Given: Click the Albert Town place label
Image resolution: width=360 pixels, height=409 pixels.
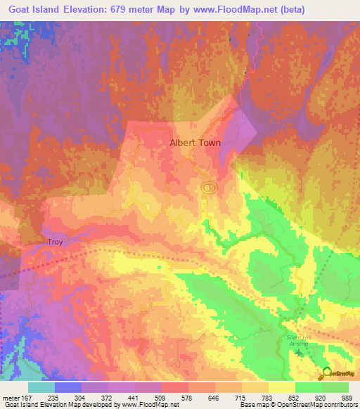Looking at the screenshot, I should click(195, 143).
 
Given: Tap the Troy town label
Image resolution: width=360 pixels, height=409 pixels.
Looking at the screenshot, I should click(56, 242).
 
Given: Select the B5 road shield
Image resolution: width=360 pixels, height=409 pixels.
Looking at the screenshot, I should click(207, 188).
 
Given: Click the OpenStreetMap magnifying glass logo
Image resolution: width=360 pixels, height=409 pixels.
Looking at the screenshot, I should click(326, 373).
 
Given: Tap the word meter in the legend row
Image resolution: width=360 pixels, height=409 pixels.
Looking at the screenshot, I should click(13, 398).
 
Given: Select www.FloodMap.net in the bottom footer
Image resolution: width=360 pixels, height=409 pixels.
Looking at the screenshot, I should click(145, 405).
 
